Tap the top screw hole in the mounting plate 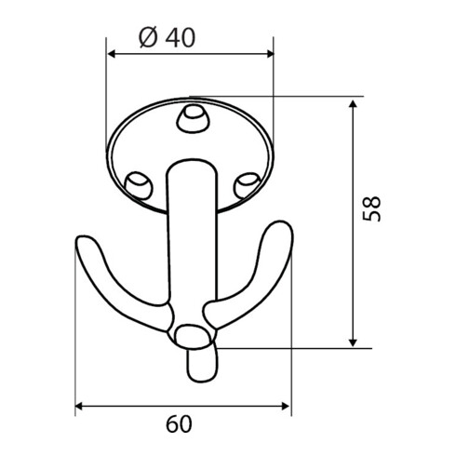click(x=192, y=117)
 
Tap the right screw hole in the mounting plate click(x=248, y=181)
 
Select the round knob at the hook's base click(x=192, y=336)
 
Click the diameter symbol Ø click(x=147, y=38)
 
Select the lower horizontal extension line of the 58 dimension click(x=288, y=348)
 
